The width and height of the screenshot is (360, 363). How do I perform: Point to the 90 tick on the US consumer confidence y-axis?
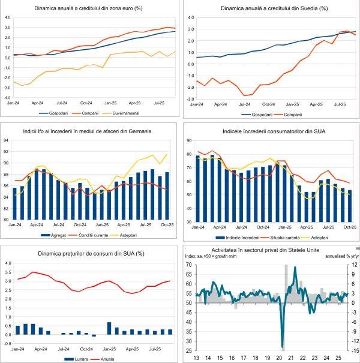[188, 141]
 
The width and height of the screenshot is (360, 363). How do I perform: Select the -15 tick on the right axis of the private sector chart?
[354, 350]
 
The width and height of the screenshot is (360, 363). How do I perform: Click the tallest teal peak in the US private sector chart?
[295, 268]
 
